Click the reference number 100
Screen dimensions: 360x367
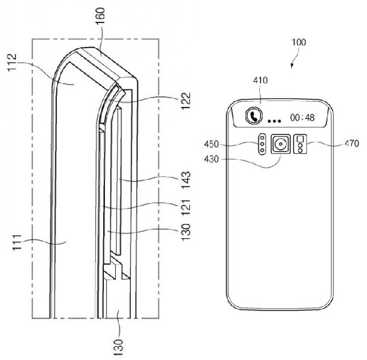click(x=299, y=42)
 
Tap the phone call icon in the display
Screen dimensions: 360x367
click(x=253, y=117)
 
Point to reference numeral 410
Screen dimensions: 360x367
click(x=260, y=81)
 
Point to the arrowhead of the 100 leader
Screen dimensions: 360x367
click(x=291, y=67)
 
